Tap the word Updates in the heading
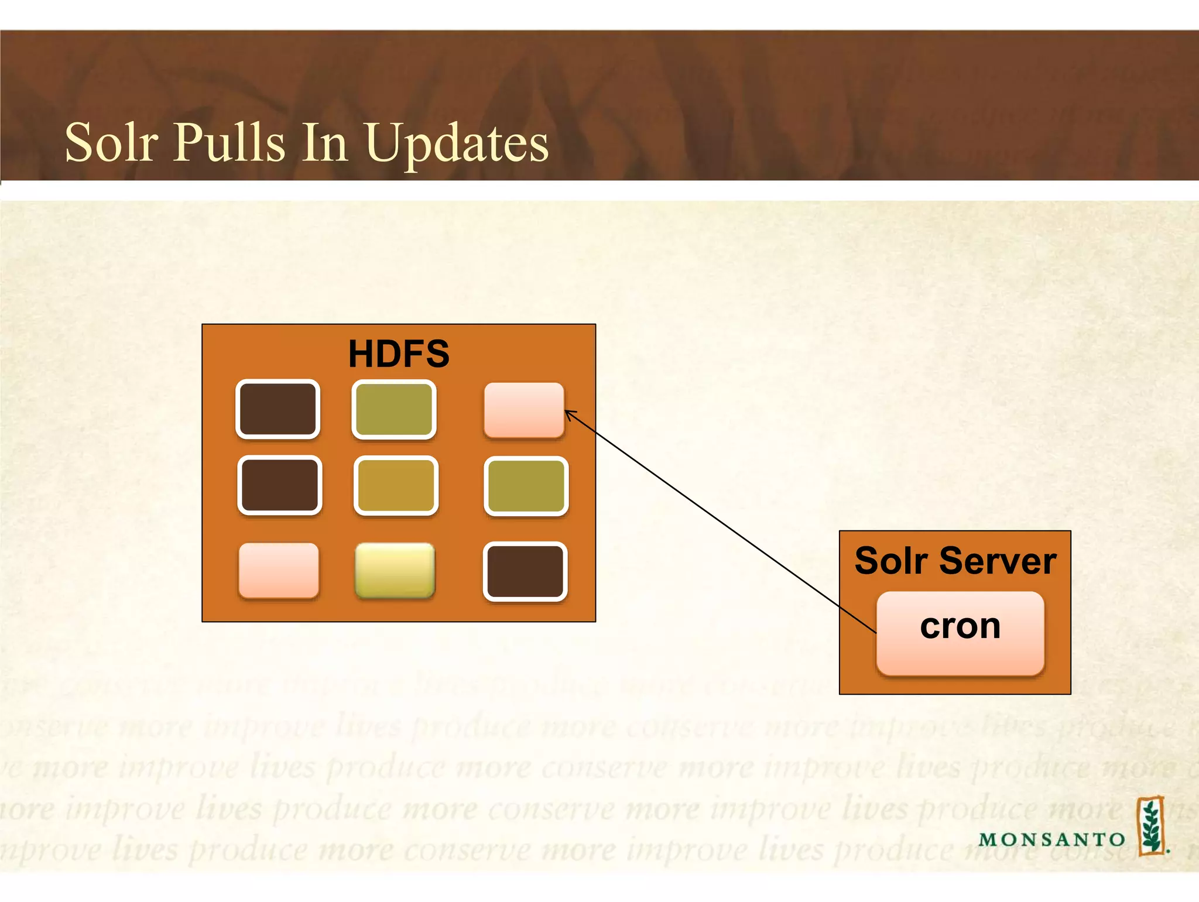tap(457, 143)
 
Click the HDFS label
tap(399, 354)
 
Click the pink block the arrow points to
tap(524, 410)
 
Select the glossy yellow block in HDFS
tap(395, 570)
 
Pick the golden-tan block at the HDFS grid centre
tap(396, 486)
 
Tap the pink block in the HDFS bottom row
tap(279, 570)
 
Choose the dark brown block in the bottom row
tap(525, 571)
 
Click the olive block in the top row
tap(394, 409)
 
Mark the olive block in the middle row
tap(526, 486)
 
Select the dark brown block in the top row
tap(278, 409)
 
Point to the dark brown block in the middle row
tap(279, 485)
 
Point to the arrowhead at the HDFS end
tap(568, 413)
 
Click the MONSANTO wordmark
tap(1051, 839)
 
